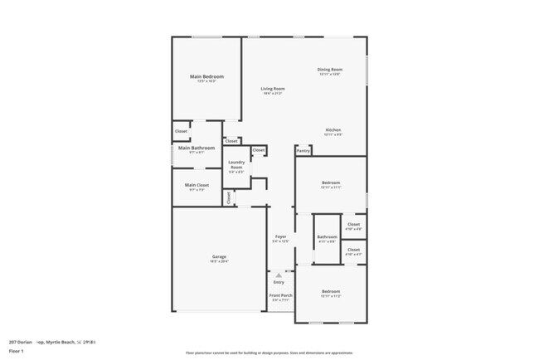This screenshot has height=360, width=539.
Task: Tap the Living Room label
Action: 273,89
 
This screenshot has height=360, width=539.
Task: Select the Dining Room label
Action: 329,69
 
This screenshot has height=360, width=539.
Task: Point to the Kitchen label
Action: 333,129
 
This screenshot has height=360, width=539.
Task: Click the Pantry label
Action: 303,151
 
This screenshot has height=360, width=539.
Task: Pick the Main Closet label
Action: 197,185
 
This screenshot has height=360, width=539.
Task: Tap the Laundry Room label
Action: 236,164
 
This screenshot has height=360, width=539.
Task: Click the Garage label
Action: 219,257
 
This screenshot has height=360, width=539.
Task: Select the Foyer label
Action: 281,236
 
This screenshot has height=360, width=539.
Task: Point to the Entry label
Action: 279,282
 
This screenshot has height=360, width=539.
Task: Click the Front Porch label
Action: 280,295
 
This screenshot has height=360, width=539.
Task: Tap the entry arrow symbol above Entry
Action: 279,273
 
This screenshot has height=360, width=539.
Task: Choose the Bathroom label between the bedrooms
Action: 327,237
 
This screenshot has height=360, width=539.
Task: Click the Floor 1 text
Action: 17,351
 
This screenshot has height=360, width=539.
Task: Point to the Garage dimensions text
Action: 219,261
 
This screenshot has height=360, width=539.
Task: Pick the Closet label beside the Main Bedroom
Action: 181,131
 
